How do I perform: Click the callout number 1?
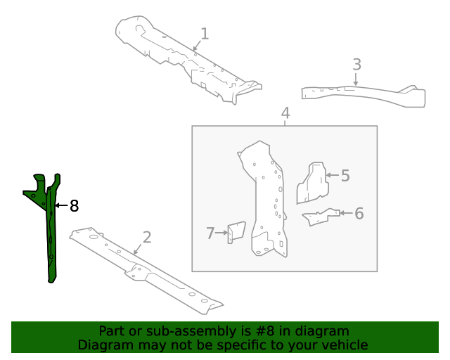205,33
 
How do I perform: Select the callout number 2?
146,237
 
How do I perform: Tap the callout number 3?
356,65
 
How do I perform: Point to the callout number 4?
285,113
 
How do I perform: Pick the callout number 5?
345,175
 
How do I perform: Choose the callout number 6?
359,213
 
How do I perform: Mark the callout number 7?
210,233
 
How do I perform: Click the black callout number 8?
74,206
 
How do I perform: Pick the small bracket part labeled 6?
320,217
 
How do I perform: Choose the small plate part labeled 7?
236,233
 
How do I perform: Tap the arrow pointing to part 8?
60,206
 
